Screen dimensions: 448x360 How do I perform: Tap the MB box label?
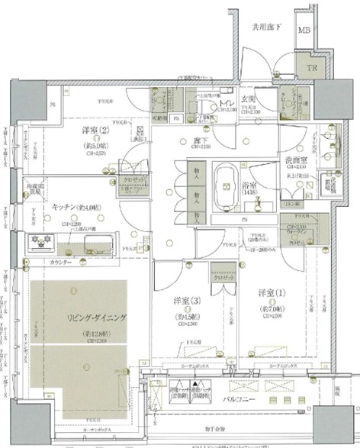(x=304, y=31)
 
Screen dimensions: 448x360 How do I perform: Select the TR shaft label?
(x=313, y=67)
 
